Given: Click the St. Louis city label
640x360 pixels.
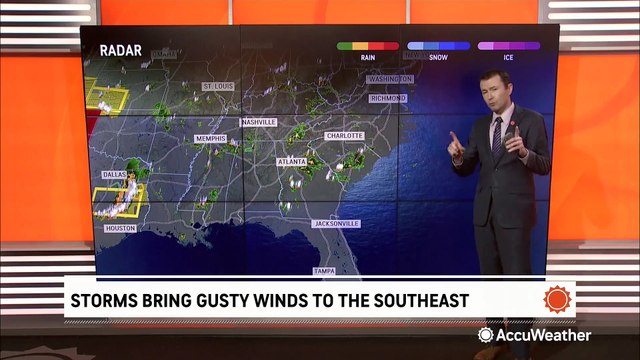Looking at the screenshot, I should pos(218,86).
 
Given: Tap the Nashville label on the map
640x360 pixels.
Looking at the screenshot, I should pos(258,122).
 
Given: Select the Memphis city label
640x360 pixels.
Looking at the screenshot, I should pos(211,137).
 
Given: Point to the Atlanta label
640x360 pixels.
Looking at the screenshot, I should pos(292,159).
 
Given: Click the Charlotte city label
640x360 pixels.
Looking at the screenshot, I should pos(343,135).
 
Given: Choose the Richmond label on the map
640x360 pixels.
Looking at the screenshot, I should pos(388,99).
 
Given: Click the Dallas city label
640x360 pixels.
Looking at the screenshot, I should pos(114,172).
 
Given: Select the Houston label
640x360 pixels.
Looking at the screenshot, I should pos(119,228).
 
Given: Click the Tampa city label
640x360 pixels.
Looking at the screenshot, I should pos(323,271).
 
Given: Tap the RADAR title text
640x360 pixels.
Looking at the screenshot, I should pos(120,51).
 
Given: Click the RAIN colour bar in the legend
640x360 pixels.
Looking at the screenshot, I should pos(368,46).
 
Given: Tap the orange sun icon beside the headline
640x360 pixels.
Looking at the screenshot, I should pos(556,300).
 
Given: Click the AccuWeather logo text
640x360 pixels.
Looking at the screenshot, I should pos(544,335).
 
